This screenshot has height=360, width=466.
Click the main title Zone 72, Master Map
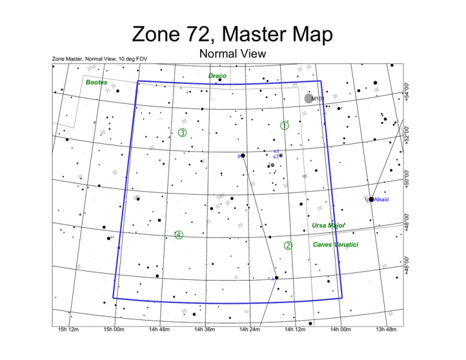232,34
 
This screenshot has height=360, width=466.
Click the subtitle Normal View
232,54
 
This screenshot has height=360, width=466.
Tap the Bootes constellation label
96,82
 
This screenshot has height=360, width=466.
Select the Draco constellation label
217,76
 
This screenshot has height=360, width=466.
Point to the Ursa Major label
328,226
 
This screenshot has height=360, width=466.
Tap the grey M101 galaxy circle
309,98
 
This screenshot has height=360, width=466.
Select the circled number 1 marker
284,126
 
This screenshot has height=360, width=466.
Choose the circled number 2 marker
288,246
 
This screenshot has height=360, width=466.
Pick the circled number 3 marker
182,133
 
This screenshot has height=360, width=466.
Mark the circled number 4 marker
178,235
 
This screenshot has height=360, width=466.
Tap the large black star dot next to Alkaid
371,199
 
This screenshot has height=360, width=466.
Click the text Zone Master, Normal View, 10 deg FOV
100,59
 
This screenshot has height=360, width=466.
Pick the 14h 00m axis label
341,330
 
